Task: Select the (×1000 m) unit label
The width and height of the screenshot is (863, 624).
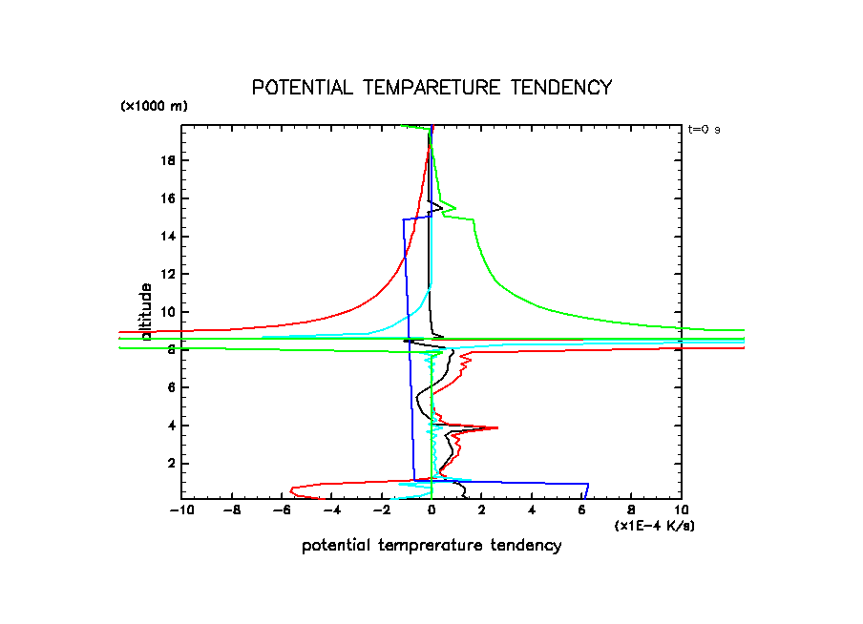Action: (x=154, y=106)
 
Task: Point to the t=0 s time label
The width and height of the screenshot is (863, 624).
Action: (x=704, y=129)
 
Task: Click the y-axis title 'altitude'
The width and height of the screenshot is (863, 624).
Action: (x=146, y=311)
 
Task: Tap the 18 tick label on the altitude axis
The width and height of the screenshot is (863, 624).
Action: (x=168, y=160)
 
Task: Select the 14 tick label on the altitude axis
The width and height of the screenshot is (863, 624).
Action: (x=168, y=237)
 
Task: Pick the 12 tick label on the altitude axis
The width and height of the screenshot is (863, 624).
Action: (x=168, y=274)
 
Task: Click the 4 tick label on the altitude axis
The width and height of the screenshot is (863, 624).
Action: (x=171, y=426)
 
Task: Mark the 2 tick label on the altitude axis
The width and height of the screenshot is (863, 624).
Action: (x=171, y=463)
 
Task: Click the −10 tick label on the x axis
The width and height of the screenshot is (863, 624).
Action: (x=179, y=510)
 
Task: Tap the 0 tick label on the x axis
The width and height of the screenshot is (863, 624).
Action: (x=431, y=510)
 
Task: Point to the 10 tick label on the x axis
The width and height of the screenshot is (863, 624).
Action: (x=681, y=510)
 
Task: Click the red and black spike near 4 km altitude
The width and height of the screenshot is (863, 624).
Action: (x=493, y=427)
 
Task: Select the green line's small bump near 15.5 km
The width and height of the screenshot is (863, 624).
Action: (x=453, y=208)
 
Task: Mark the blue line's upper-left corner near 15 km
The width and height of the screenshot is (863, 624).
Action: (x=404, y=220)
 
